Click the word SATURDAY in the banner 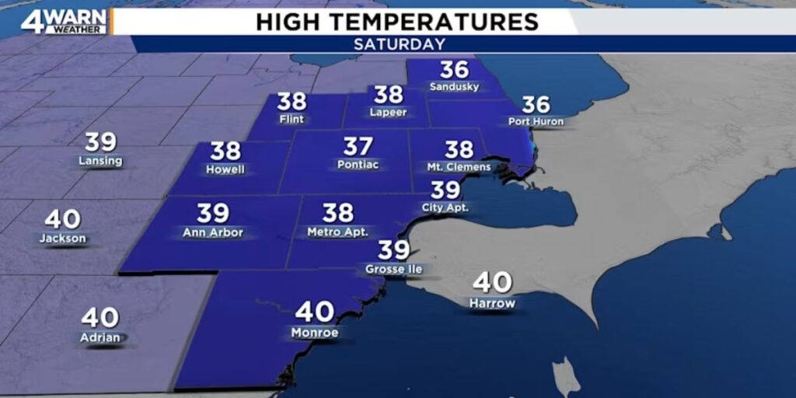(x=400, y=44)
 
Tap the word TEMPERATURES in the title (x=441, y=22)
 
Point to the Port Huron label (x=536, y=121)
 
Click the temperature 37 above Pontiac (x=358, y=146)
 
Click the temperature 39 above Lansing (x=100, y=142)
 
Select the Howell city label (x=225, y=169)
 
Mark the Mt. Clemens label (x=459, y=166)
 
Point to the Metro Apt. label (x=337, y=232)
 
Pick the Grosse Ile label (x=393, y=269)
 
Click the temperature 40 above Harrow (x=492, y=281)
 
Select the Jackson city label (x=63, y=239)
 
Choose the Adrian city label (x=99, y=337)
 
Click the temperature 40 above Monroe (x=314, y=312)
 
